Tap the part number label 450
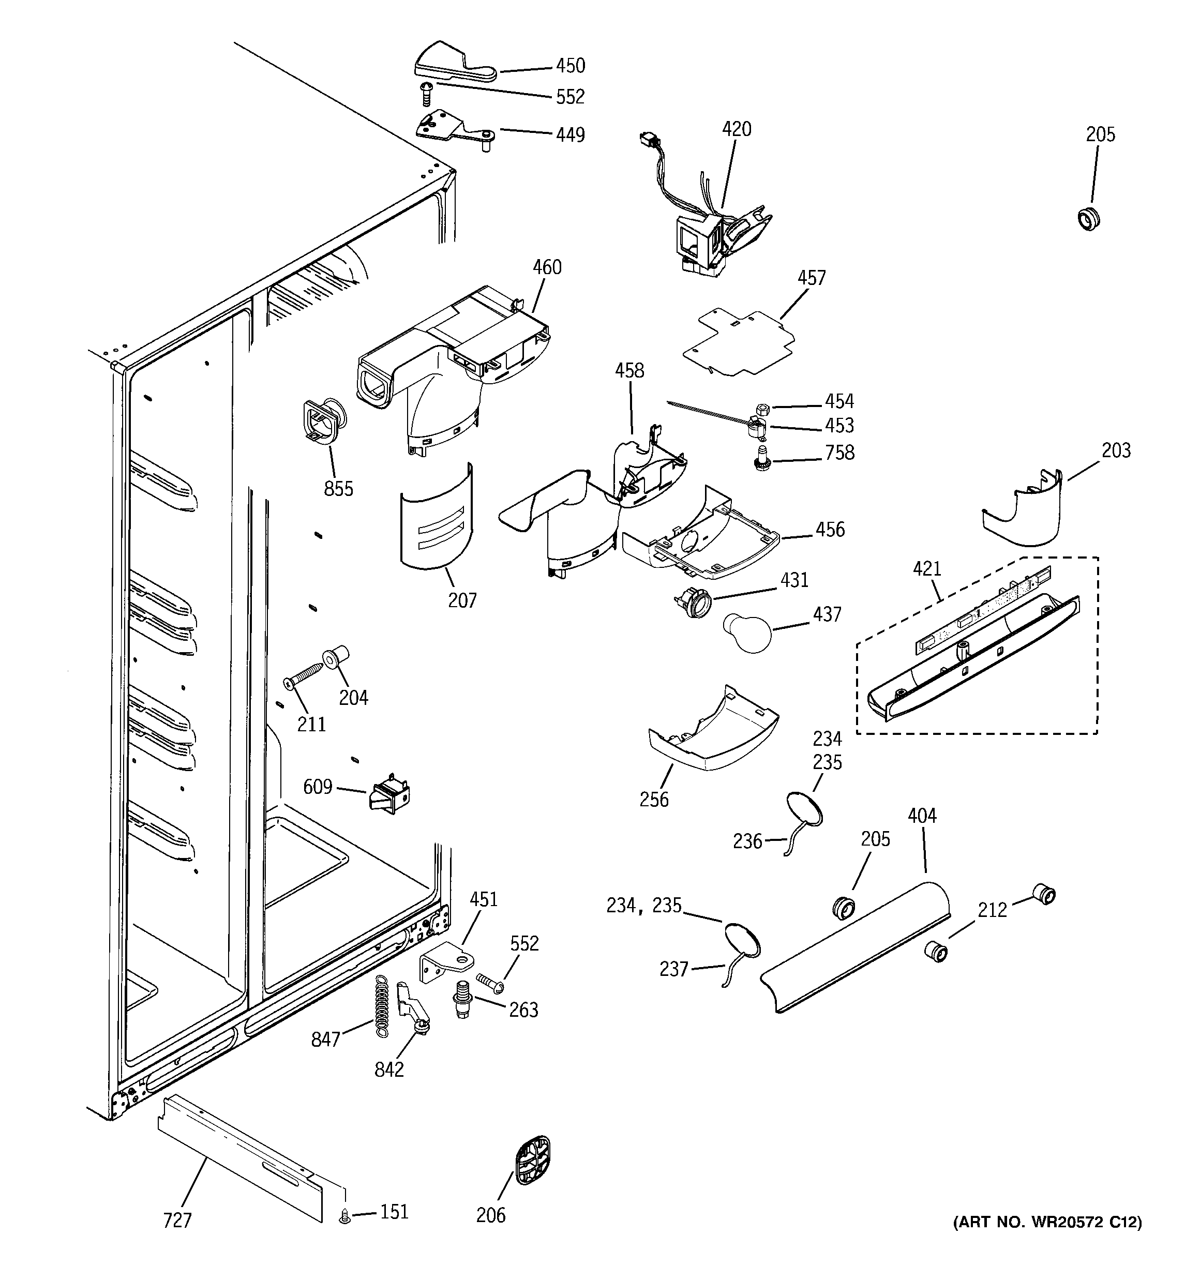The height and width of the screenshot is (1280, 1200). tap(570, 66)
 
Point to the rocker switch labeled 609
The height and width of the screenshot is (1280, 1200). tap(389, 796)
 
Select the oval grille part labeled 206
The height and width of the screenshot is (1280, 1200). tap(533, 1161)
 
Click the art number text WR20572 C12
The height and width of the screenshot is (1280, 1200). tap(1047, 1240)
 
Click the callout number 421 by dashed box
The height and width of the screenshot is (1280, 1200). tap(927, 568)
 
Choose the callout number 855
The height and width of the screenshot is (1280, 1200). tap(338, 489)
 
